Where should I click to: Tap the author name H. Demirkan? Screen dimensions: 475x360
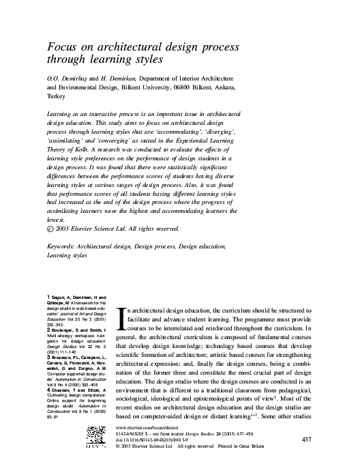pos(121,79)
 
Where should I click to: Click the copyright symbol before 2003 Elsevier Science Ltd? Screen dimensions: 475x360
pos(50,229)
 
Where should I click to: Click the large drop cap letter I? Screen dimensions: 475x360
pos(122,317)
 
